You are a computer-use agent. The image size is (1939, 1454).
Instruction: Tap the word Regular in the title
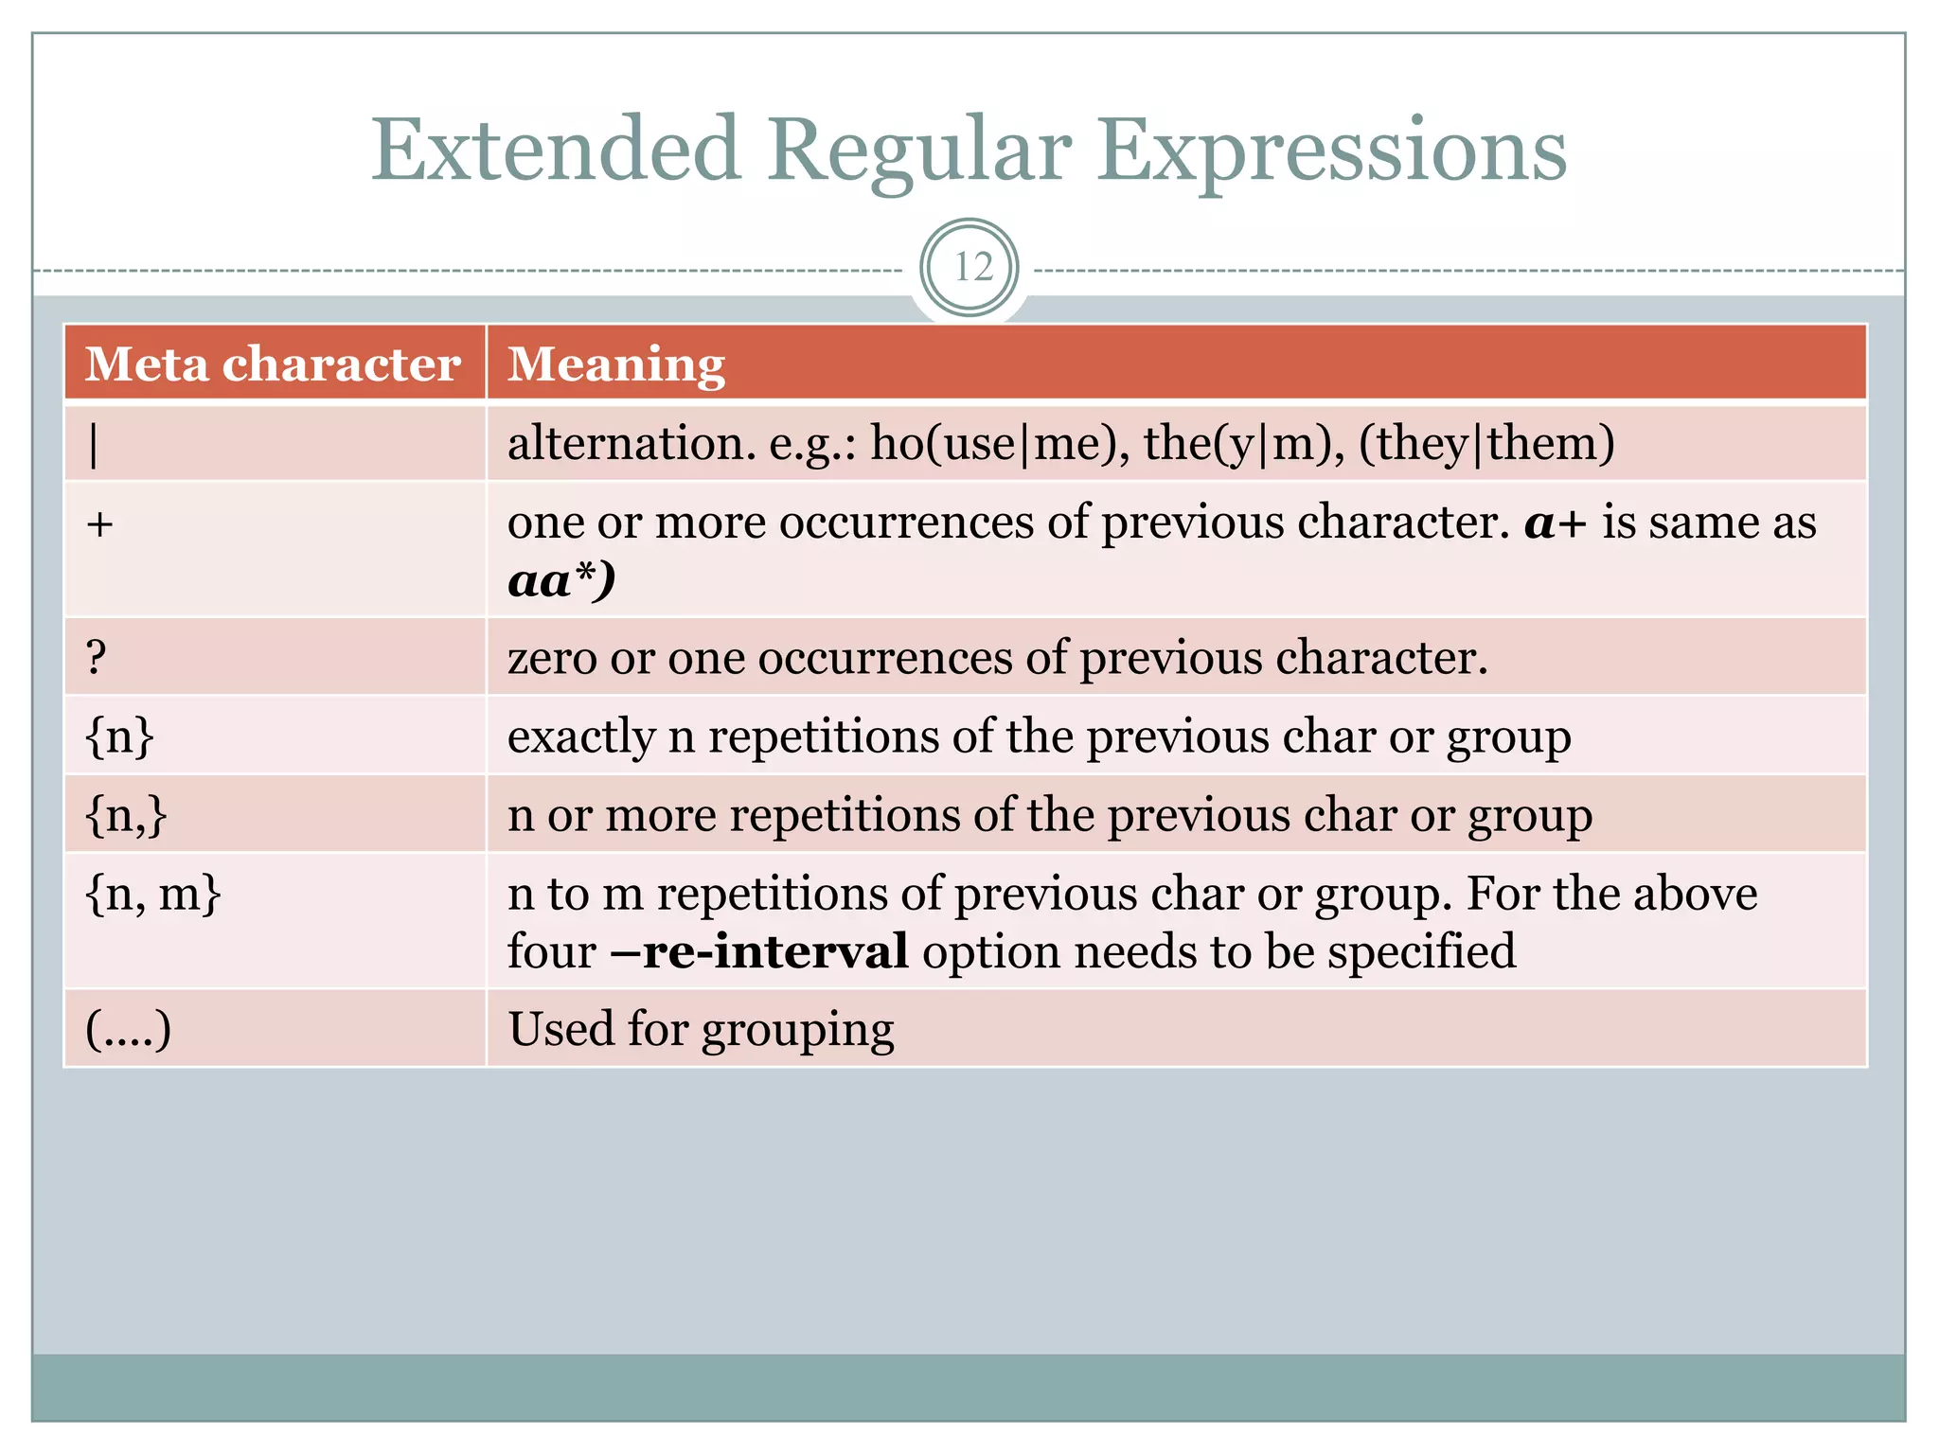918,151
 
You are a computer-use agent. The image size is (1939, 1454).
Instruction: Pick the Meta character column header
273,364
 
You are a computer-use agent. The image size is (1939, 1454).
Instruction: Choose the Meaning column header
616,364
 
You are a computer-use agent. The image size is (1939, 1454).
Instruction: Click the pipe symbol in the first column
93,444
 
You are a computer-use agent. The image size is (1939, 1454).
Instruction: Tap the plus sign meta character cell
99,523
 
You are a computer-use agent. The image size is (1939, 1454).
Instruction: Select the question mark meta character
96,657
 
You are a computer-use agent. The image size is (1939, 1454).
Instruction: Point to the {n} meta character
119,736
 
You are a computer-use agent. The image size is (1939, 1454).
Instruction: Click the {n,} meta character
126,815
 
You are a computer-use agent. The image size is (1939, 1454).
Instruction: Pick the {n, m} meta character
152,894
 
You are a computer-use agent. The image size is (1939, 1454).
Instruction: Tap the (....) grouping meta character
129,1030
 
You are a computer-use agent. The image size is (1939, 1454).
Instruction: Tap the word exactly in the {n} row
580,736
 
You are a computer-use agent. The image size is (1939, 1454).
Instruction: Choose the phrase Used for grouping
701,1030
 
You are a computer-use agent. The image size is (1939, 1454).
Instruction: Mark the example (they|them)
1486,443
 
